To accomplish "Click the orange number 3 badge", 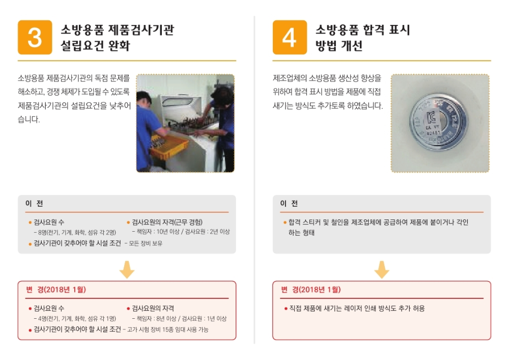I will [x=35, y=37].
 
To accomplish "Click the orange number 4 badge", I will [x=290, y=37].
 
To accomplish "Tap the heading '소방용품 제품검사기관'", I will [x=117, y=30].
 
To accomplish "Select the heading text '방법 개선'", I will [x=339, y=46].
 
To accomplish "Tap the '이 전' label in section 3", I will [x=34, y=204].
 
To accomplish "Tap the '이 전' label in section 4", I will [x=289, y=204].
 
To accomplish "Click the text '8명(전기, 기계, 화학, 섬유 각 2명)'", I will [x=75, y=233].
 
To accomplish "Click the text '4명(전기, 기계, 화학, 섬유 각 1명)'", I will [x=75, y=319].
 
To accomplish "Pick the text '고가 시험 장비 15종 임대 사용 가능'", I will [x=167, y=329].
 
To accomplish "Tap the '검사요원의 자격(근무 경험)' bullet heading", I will [x=167, y=222].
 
